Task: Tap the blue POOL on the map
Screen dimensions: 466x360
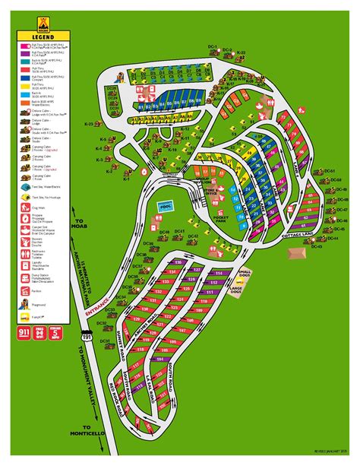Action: tap(165, 207)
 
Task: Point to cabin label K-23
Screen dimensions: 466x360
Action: tap(88, 123)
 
